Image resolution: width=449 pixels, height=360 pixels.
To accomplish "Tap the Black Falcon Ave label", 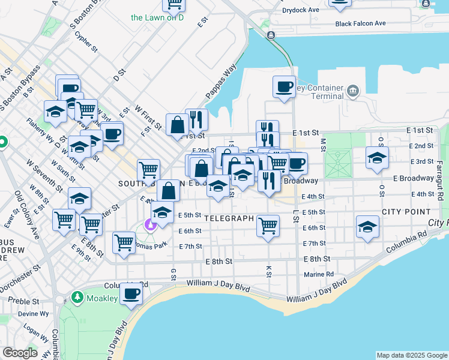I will click(361, 24).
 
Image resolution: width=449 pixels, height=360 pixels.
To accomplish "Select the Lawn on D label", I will click(157, 17).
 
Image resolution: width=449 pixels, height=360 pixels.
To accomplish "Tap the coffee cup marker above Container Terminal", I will click(284, 86).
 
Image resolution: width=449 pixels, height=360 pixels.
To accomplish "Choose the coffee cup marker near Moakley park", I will click(131, 294).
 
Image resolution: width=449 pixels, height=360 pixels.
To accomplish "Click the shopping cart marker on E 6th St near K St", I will click(267, 226).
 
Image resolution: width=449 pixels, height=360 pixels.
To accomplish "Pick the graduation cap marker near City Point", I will click(367, 227).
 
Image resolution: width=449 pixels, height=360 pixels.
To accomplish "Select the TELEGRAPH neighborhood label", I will click(229, 218).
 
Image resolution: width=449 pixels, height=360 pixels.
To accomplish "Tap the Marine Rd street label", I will click(319, 274).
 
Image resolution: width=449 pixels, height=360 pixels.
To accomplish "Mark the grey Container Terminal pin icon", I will click(352, 92).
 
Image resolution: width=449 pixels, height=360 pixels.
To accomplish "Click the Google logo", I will click(20, 353).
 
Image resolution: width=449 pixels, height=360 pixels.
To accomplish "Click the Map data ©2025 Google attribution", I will click(411, 355).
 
